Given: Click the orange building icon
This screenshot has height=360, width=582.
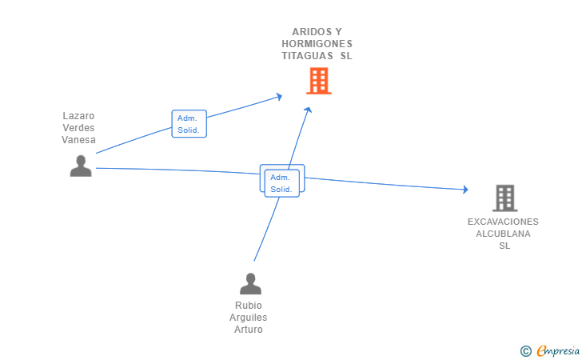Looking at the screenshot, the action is coord(319,81).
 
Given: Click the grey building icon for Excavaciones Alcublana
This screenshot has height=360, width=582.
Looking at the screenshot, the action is coord(505,198).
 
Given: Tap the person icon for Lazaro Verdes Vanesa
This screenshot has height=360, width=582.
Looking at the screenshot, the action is coord(81,166).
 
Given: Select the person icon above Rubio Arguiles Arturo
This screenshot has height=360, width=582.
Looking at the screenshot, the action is coord(250,283).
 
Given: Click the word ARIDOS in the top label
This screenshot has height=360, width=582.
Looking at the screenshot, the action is coord(307,32).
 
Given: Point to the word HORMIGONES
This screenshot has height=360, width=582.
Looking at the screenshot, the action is coord(317,44).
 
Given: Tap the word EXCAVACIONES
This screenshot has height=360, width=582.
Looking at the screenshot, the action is coord(503,222).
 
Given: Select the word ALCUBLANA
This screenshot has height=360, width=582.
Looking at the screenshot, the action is coord(504,234).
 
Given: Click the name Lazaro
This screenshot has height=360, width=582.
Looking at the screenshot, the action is coord(78,116).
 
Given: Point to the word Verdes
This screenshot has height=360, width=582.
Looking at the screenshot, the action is coord(78,128).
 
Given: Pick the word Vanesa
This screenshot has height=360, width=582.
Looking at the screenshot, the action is coord(78,140).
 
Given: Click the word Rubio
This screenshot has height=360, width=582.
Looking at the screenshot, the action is coord(249,306).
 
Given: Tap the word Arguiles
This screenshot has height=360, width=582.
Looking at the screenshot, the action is coord(249,318).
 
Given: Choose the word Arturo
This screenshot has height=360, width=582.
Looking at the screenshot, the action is coord(249,329).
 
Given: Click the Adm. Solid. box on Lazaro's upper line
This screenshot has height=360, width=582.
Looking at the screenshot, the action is coord(189,124).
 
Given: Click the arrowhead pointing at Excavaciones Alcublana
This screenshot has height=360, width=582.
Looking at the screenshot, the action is coord(466,190).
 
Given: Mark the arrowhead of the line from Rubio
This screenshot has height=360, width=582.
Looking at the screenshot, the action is coord(308,110).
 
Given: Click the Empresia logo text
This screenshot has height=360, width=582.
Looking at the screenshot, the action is coord(558,350).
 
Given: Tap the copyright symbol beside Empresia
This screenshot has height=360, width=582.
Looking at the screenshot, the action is coord(526,351).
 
